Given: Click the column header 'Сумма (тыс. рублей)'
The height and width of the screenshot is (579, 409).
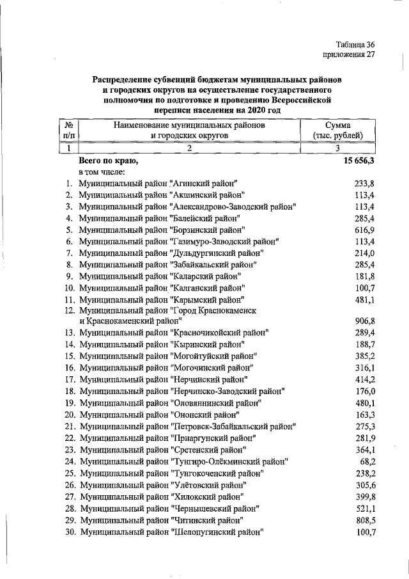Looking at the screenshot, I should (338, 131).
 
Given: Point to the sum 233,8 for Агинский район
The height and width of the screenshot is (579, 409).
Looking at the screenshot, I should (363, 184).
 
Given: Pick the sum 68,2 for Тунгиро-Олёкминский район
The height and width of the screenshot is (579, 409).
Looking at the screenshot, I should (366, 461).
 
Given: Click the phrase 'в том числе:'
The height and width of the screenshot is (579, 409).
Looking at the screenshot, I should (101, 172).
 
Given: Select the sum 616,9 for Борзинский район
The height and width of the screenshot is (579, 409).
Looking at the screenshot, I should (363, 230).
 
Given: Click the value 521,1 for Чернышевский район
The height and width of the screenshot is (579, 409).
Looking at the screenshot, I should (363, 509).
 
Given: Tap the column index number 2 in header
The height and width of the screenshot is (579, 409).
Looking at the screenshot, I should (189, 148).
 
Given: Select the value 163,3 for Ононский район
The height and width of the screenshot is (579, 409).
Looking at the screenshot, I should (363, 414).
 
